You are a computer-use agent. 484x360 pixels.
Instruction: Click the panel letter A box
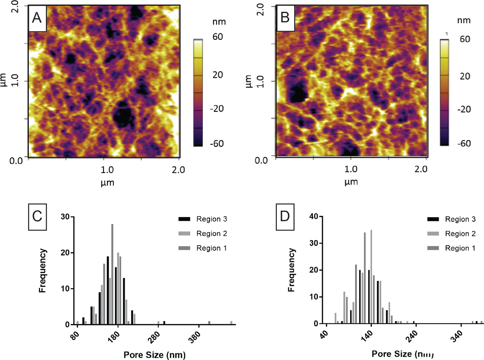tap(37, 18)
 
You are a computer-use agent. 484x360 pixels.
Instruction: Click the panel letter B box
tap(285, 17)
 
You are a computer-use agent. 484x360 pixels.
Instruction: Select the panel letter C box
tap(37, 216)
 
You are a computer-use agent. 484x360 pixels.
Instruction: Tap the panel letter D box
tap(285, 216)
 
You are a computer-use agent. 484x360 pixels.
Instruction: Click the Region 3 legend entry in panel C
tap(203, 219)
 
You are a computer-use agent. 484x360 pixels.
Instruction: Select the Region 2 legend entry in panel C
tap(203, 234)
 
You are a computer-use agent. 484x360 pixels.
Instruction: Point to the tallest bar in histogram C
tap(112, 274)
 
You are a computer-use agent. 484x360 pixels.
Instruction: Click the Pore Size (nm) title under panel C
tap(155, 355)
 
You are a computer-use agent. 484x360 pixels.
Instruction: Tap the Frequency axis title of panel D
tap(292, 270)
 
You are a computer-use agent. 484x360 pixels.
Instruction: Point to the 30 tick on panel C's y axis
tap(65, 217)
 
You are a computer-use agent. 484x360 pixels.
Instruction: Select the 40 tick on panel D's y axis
tap(314, 217)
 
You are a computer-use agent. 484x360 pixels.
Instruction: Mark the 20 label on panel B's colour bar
tap(465, 76)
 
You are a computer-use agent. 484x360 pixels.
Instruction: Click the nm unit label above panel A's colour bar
tap(219, 22)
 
